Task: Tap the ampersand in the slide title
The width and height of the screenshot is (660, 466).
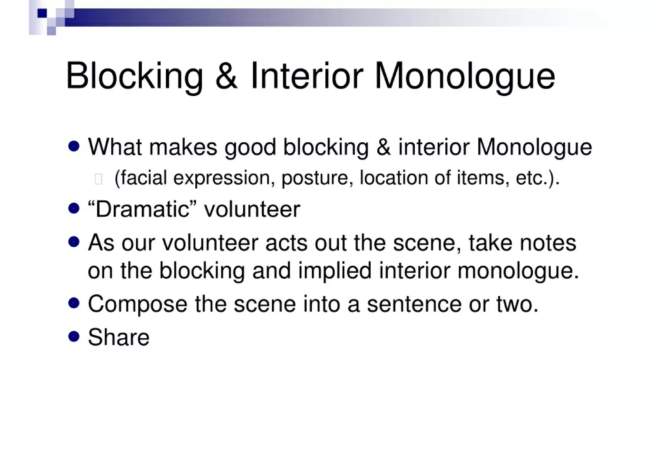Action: pyautogui.click(x=226, y=76)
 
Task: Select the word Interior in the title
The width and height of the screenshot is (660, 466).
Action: pyautogui.click(x=306, y=76)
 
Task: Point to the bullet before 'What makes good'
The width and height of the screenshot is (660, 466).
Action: pyautogui.click(x=74, y=147)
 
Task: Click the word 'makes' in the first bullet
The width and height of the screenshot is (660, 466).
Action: pyautogui.click(x=183, y=147)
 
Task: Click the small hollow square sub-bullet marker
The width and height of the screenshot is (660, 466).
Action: pyautogui.click(x=99, y=179)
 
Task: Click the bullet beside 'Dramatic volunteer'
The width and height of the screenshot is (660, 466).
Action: pyautogui.click(x=74, y=208)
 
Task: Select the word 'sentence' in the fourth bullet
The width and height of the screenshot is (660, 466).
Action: pyautogui.click(x=414, y=304)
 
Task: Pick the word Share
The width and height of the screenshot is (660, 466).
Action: pyautogui.click(x=119, y=338)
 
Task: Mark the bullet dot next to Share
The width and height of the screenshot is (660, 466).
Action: pyautogui.click(x=74, y=337)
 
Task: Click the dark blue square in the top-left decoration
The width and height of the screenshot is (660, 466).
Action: pyautogui.click(x=42, y=13)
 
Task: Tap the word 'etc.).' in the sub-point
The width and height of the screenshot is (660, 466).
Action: pyautogui.click(x=537, y=178)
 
